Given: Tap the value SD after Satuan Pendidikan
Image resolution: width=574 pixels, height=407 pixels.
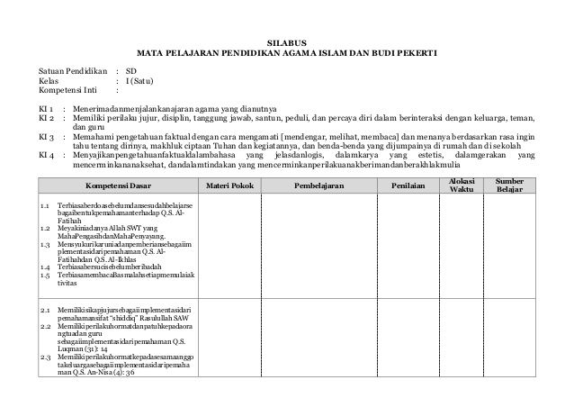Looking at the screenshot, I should pos(131,70).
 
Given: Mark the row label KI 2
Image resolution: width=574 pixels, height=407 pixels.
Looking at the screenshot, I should pos(45,118).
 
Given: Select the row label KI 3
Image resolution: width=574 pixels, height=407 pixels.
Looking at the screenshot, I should pos(45,137).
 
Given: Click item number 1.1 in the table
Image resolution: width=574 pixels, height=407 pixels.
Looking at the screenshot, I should pos(46,206).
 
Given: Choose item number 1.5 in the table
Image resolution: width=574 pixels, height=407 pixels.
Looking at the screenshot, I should pos(46,275).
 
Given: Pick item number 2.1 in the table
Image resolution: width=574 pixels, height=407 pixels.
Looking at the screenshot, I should pos(46,311).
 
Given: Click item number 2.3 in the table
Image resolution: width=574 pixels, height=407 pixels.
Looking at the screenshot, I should pos(46,358).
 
